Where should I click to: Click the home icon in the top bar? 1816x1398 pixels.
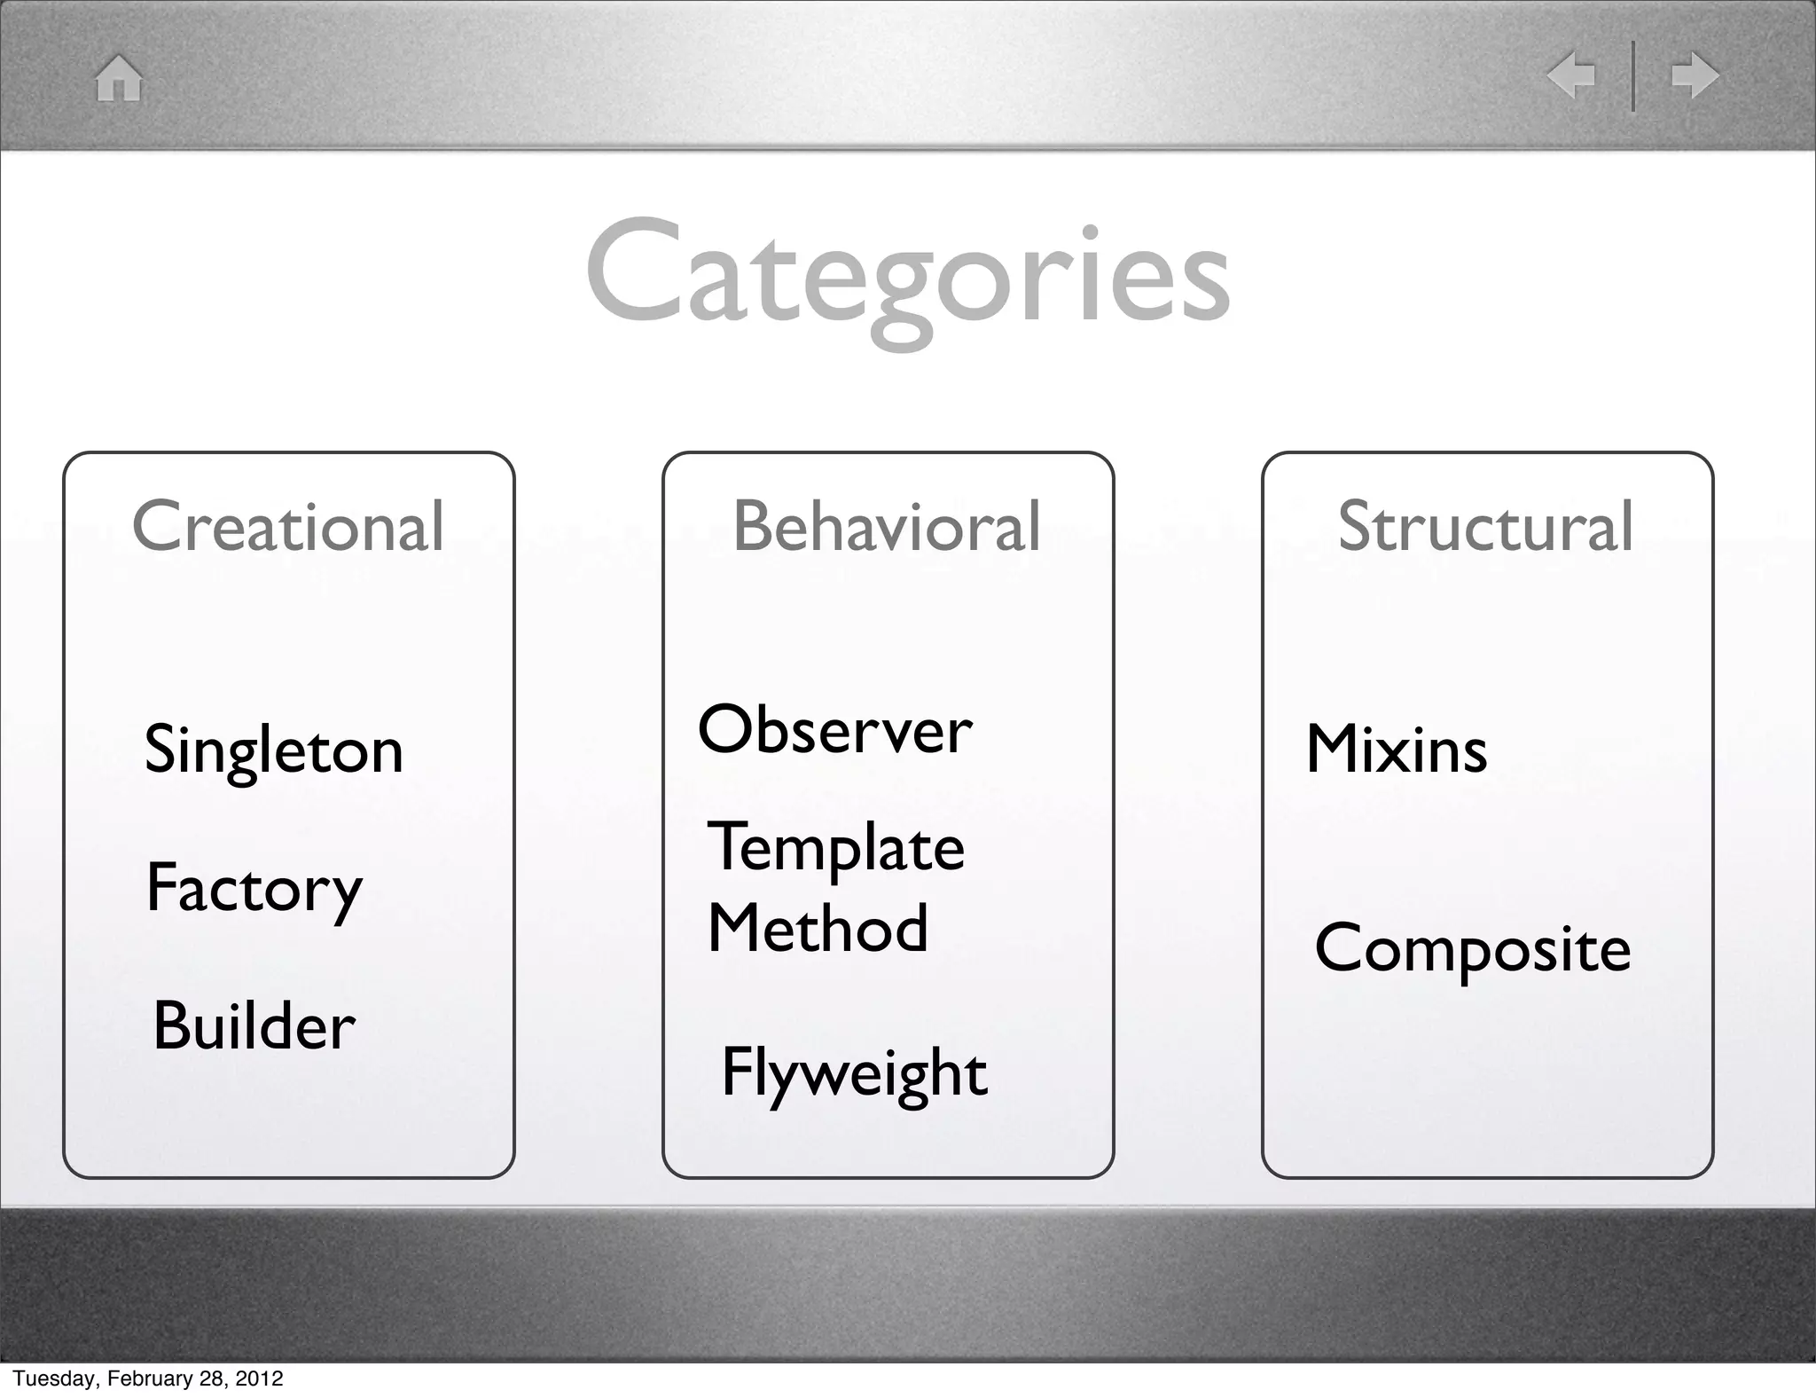pyautogui.click(x=119, y=78)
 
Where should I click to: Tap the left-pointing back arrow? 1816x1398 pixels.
pyautogui.click(x=1570, y=75)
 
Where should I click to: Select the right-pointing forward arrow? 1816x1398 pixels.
pyautogui.click(x=1695, y=75)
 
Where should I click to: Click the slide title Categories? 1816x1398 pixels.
pyautogui.click(x=907, y=273)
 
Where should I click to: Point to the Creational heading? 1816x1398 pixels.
pyautogui.click(x=288, y=526)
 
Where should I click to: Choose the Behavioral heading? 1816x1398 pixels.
pyautogui.click(x=887, y=526)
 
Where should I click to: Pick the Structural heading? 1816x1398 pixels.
pyautogui.click(x=1485, y=526)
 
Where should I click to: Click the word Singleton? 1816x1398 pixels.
pyautogui.click(x=274, y=750)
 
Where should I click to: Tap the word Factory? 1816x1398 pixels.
pyautogui.click(x=254, y=888)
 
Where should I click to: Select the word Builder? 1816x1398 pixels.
pyautogui.click(x=254, y=1026)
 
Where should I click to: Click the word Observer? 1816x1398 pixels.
pyautogui.click(x=834, y=731)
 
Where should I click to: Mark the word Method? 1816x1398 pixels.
pyautogui.click(x=818, y=929)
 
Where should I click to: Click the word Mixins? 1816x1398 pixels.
pyautogui.click(x=1397, y=750)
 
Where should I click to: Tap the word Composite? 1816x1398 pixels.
pyautogui.click(x=1472, y=949)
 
